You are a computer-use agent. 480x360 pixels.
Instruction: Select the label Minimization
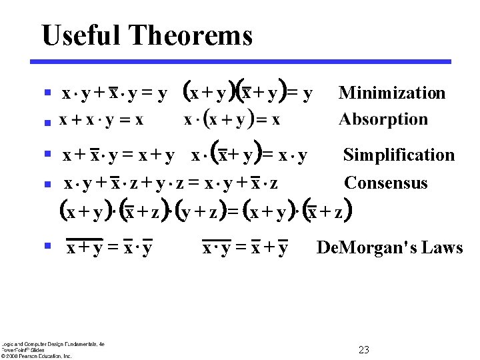point(392,93)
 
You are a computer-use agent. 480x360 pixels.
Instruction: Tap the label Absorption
point(383,119)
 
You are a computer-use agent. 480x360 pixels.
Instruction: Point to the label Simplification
point(399,155)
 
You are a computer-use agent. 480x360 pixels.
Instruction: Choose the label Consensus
point(386,183)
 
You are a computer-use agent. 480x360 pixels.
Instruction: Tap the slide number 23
point(364,350)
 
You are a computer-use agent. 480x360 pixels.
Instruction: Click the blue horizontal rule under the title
point(241,61)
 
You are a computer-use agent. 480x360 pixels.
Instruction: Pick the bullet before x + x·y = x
point(47,122)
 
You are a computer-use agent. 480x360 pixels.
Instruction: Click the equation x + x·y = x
point(101,121)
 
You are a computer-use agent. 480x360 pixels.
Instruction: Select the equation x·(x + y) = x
point(231,121)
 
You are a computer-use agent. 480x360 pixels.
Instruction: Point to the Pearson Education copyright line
point(36,355)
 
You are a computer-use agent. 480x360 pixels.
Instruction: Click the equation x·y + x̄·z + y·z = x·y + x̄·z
point(171,183)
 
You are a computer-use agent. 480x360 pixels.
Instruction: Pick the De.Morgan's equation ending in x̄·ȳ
point(109,248)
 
